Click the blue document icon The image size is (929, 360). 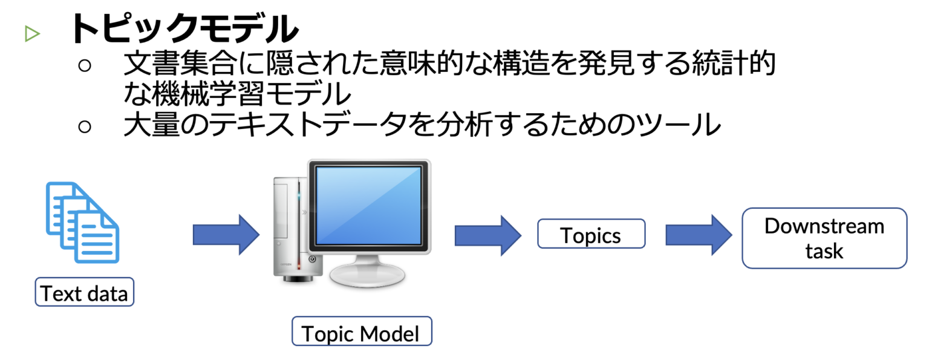83,223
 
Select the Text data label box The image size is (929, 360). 84,293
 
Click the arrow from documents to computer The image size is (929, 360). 226,234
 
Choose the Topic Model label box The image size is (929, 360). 361,333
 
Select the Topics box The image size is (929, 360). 591,235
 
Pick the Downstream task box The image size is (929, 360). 824,238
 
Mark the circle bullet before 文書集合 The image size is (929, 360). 85,65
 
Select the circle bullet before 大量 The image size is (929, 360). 85,126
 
